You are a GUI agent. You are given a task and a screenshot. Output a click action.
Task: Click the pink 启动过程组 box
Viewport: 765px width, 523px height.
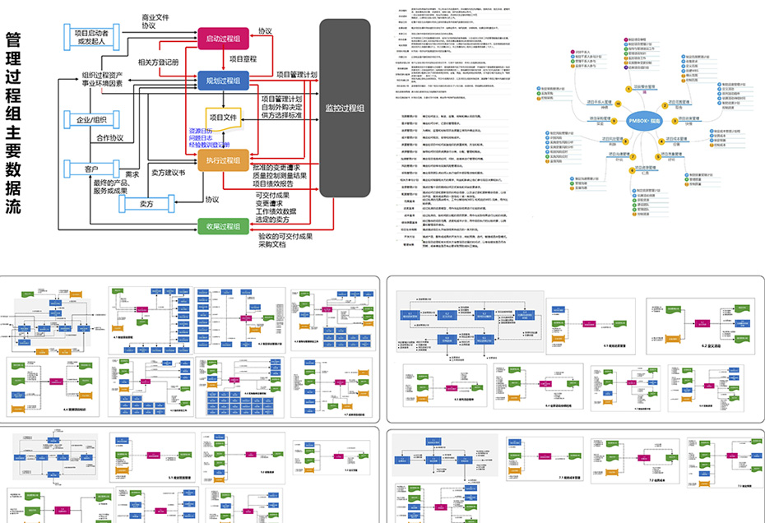223,39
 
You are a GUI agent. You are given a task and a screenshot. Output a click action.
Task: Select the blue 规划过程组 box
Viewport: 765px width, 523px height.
223,81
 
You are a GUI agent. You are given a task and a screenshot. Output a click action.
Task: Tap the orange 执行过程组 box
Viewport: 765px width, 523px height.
223,160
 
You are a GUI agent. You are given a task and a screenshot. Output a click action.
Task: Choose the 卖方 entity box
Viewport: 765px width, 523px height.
147,203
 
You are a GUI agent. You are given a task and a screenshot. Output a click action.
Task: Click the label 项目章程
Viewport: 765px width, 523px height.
243,59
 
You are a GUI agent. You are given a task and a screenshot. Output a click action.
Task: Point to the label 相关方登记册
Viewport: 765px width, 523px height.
158,62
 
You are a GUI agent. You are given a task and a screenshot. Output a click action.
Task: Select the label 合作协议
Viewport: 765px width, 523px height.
109,138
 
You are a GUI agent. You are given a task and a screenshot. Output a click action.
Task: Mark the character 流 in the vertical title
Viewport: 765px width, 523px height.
13,206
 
